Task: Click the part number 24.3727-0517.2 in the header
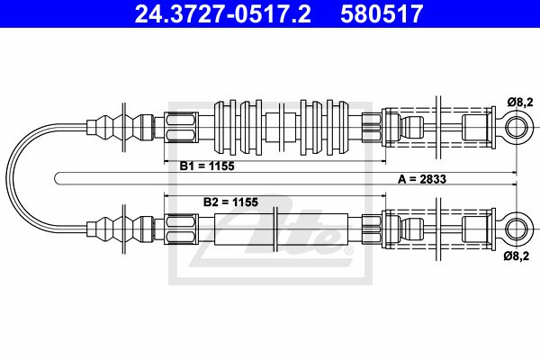coord(222,14)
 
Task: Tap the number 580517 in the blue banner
coord(382,14)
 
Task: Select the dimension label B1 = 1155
coord(207,166)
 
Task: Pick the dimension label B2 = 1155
coord(230,202)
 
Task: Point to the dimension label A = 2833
coord(422,179)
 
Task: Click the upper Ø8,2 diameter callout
coord(520,103)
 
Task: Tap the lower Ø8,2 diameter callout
coord(516,256)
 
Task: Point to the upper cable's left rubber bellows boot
coord(121,127)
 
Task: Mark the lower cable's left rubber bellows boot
coord(121,229)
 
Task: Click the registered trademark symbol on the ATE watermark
coord(348,250)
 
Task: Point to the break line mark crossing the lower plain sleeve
coord(274,229)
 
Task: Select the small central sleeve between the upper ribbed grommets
coord(281,127)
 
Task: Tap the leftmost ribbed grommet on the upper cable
coord(225,127)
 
